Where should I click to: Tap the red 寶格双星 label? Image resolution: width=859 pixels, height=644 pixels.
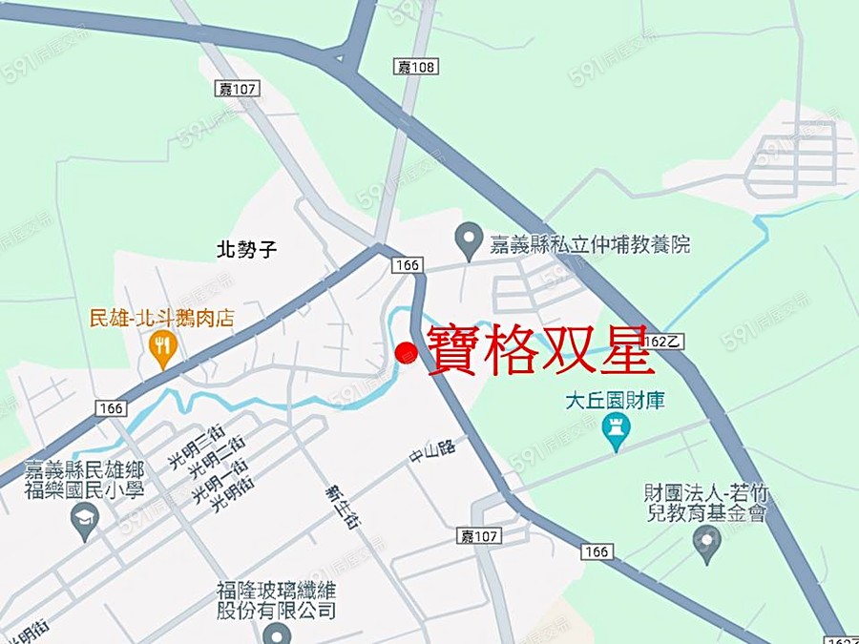pyautogui.click(x=540, y=349)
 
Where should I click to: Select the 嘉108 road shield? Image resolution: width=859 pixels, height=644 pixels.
pyautogui.click(x=415, y=66)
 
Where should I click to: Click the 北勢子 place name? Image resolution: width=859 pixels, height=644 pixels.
pyautogui.click(x=246, y=250)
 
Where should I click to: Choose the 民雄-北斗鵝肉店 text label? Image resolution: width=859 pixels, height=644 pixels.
pyautogui.click(x=161, y=319)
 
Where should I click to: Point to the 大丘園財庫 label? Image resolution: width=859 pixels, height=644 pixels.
pyautogui.click(x=615, y=400)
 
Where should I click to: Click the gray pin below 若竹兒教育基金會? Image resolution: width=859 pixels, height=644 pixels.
pyautogui.click(x=706, y=543)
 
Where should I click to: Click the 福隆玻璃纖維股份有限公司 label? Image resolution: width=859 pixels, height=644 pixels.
pyautogui.click(x=278, y=601)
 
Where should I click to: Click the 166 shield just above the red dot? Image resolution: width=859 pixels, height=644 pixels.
pyautogui.click(x=405, y=264)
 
